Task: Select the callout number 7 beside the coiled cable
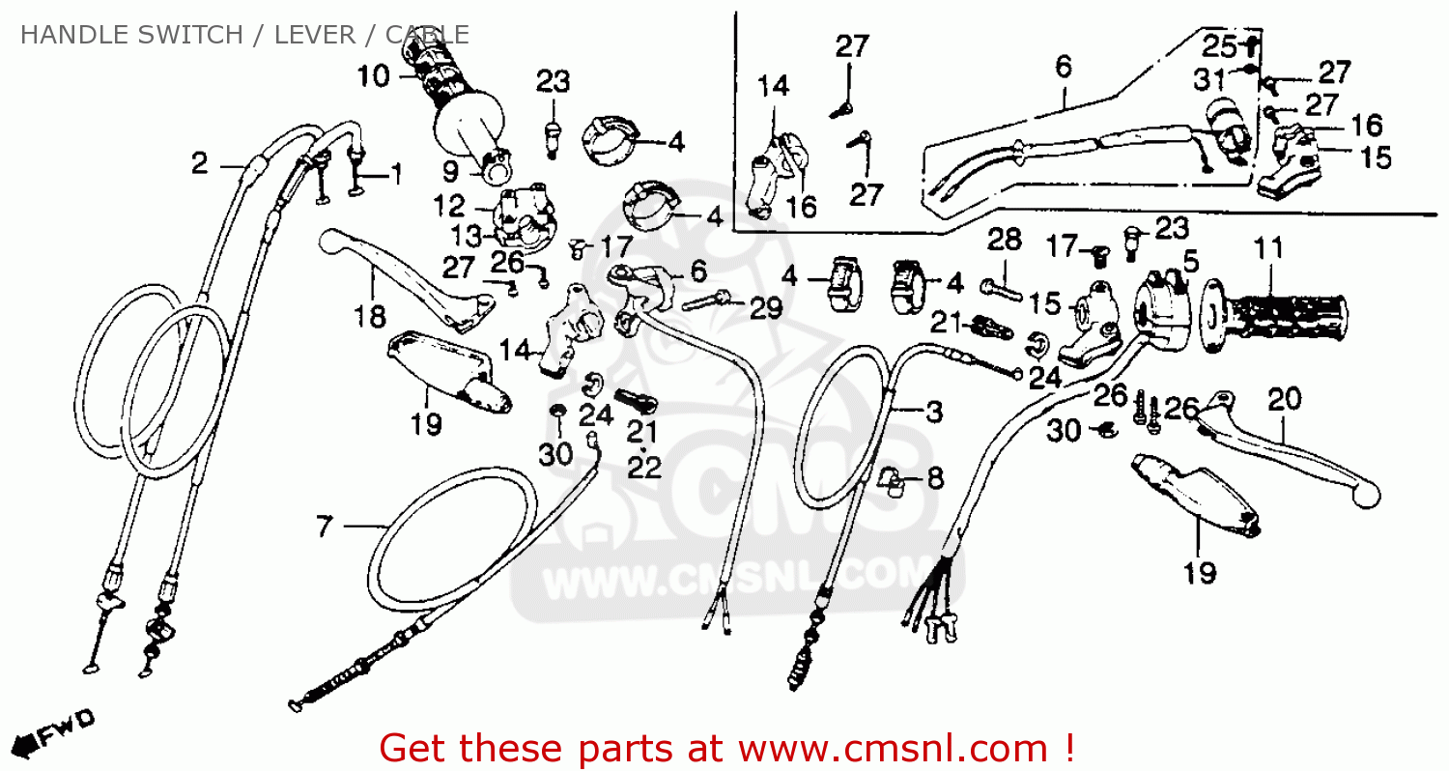coord(325,527)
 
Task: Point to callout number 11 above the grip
coord(1268,249)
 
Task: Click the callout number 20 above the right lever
coord(1285,399)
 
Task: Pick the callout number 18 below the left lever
coord(370,316)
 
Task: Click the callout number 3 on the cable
coord(933,413)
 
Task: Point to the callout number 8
coord(934,478)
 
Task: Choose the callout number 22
coord(644,468)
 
